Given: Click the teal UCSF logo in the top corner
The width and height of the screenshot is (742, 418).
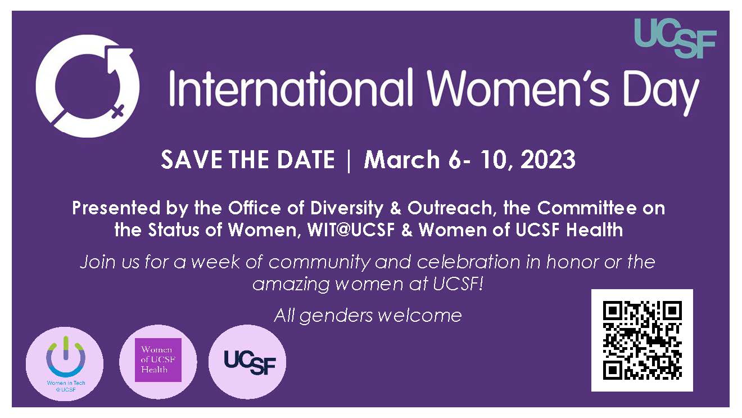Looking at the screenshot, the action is pos(676,38).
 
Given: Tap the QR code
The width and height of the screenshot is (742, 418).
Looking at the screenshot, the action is pos(643,340).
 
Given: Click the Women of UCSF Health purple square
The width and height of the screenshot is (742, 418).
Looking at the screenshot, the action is pos(158,359).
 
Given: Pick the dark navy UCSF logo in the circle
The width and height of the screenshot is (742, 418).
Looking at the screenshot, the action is pos(250,363).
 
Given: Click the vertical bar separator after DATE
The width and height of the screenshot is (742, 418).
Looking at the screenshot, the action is pos(349,160).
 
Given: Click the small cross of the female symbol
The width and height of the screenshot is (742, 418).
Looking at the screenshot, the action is pos(117,111).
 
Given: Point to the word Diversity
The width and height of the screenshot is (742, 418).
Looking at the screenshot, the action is pos(346,209).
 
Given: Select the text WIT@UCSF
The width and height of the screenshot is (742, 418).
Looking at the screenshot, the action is pos(351,230).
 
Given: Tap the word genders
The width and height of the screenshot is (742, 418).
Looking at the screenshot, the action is pos(336,316).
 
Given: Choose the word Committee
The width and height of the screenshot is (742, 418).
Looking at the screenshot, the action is pos(586,208).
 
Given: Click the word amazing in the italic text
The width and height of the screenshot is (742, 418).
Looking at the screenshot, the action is pos(291,284).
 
